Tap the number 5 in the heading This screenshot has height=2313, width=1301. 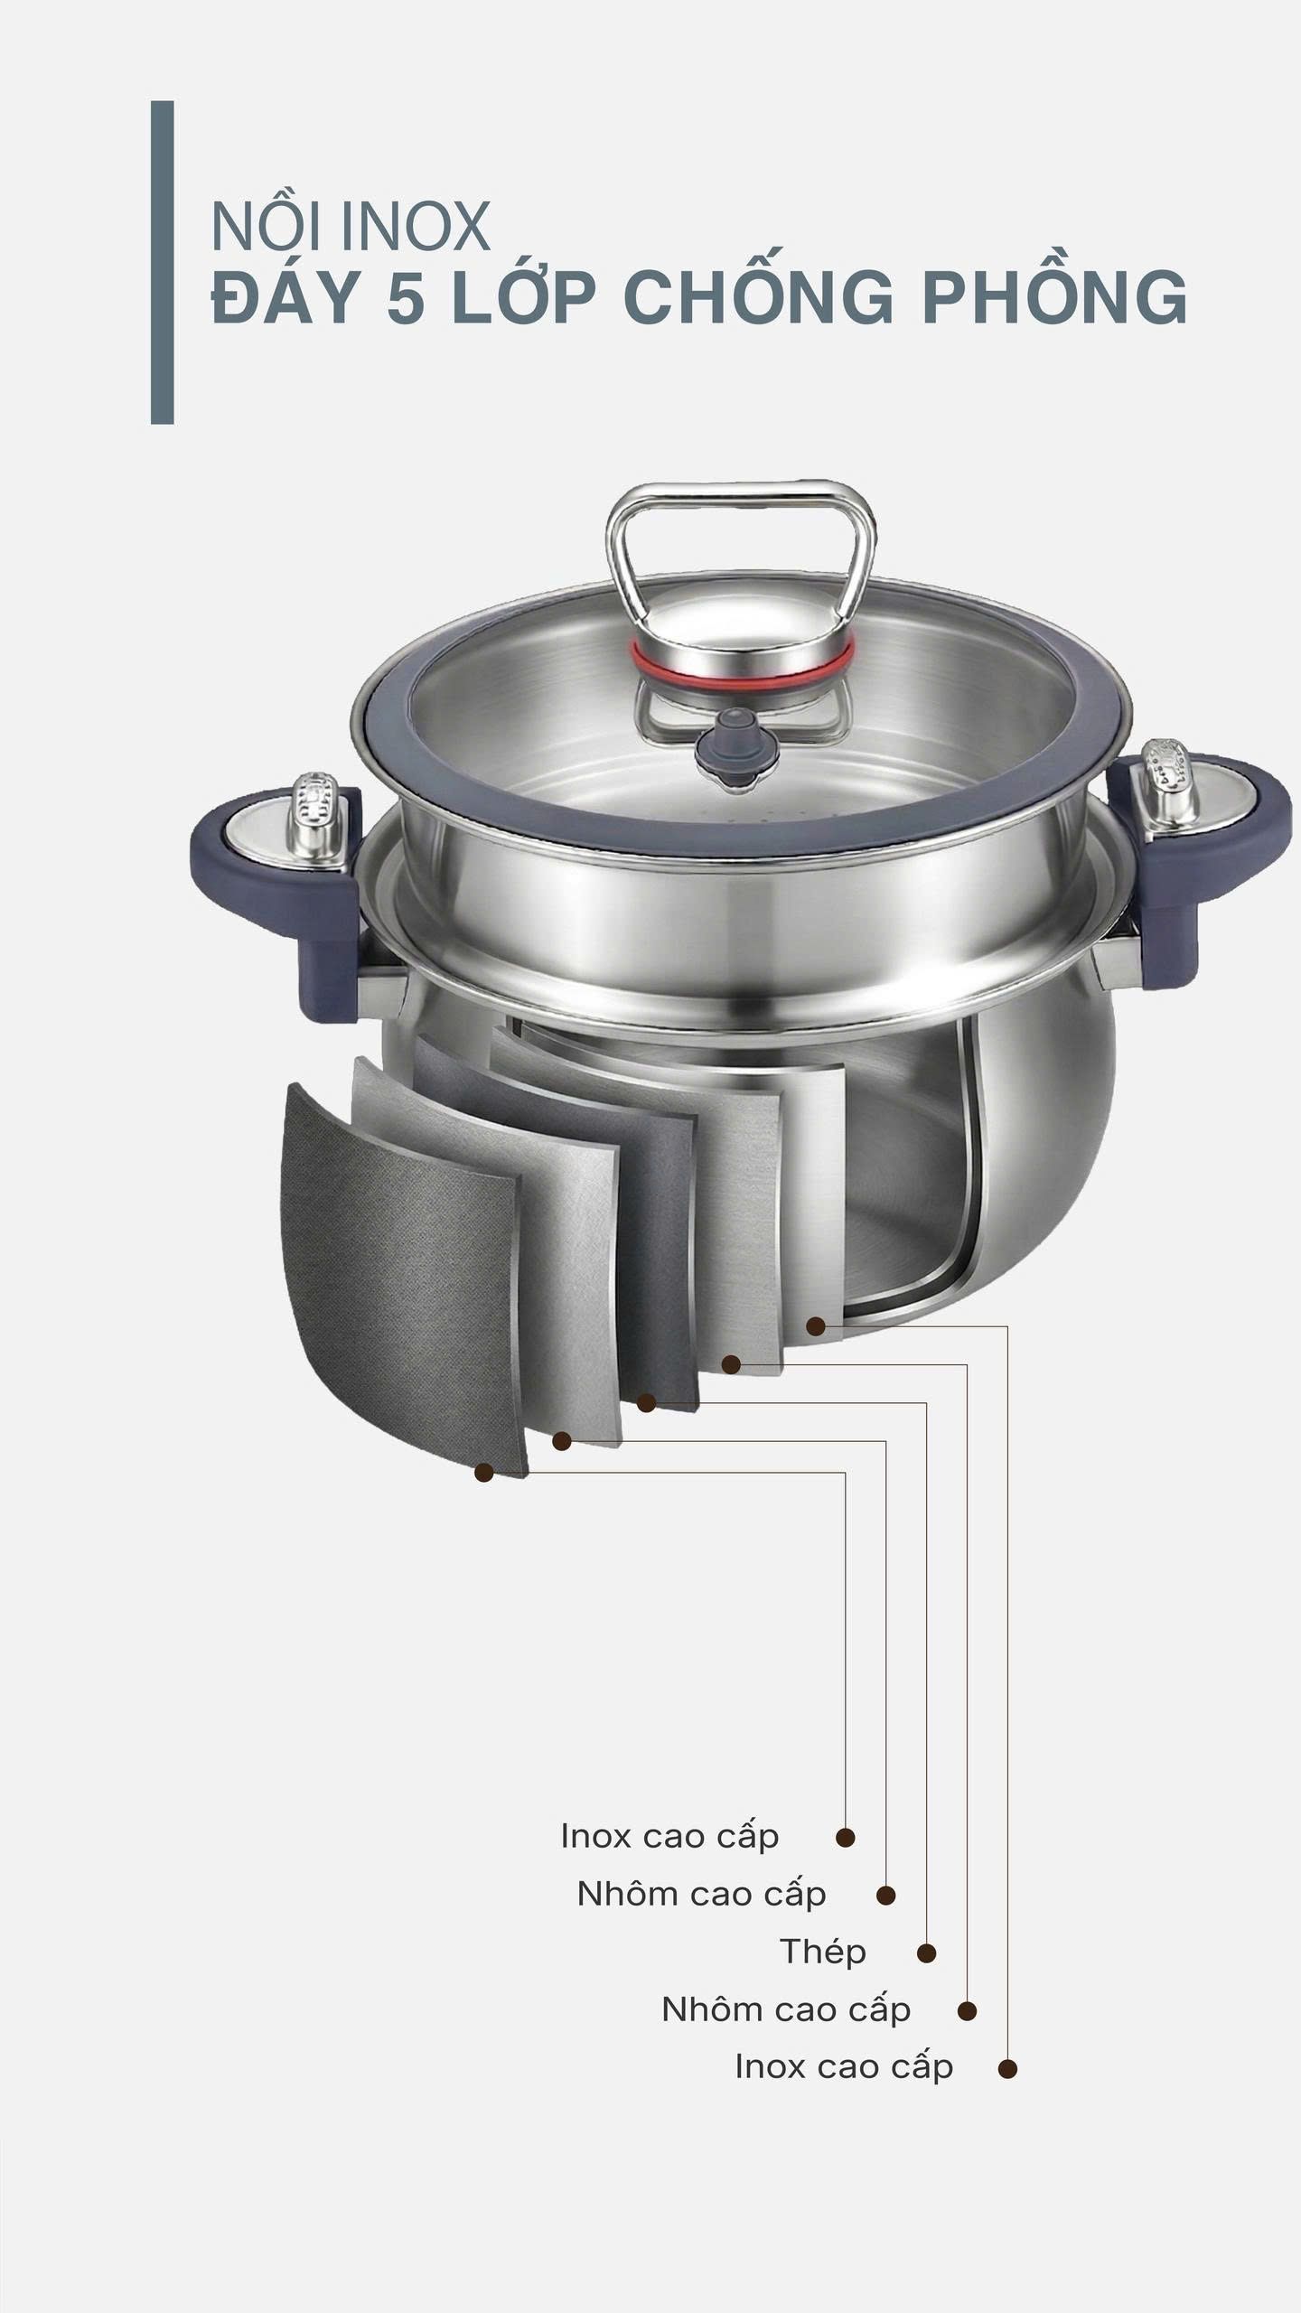406,297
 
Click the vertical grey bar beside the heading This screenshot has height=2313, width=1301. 162,262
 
